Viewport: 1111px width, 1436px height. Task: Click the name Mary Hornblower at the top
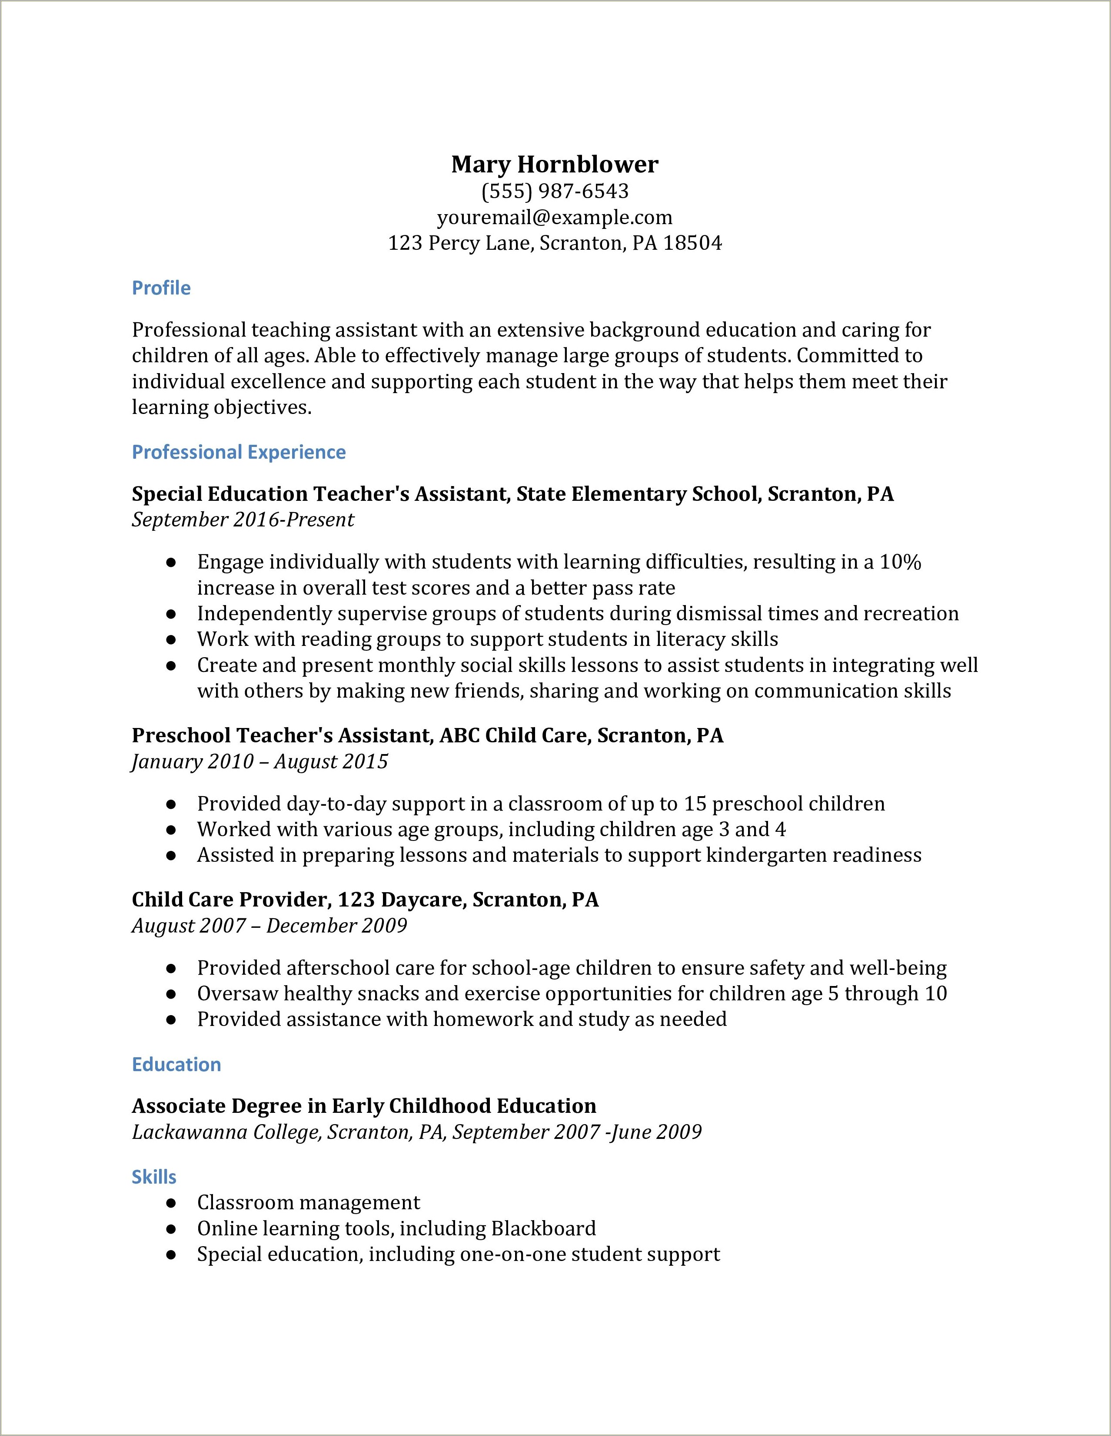click(555, 164)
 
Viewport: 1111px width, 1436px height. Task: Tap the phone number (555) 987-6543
click(555, 191)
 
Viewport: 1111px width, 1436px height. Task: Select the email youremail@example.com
click(555, 218)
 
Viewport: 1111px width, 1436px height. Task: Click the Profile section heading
click(161, 288)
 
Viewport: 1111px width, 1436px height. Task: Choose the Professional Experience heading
click(239, 452)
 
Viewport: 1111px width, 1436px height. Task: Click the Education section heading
click(176, 1065)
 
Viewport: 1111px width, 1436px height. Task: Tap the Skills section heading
click(154, 1177)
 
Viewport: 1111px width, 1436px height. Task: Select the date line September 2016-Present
click(243, 520)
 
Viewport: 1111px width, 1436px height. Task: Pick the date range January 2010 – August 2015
click(260, 761)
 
